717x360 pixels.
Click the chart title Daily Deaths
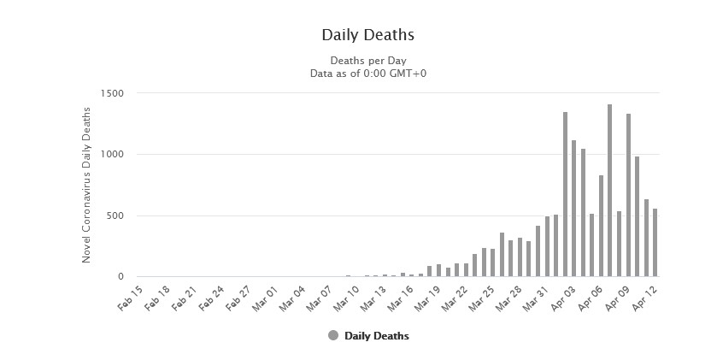click(367, 35)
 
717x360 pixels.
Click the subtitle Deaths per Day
click(367, 61)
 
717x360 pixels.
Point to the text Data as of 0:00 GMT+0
click(367, 74)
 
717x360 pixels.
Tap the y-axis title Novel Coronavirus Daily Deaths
click(87, 185)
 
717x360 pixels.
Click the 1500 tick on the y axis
click(112, 93)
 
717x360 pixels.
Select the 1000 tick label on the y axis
click(112, 155)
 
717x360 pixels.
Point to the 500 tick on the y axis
click(115, 215)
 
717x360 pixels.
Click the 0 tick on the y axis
click(120, 277)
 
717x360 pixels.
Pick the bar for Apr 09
click(628, 196)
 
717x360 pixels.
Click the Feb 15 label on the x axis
click(130, 294)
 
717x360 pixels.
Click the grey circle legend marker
click(333, 336)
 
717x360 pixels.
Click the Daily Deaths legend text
click(376, 336)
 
